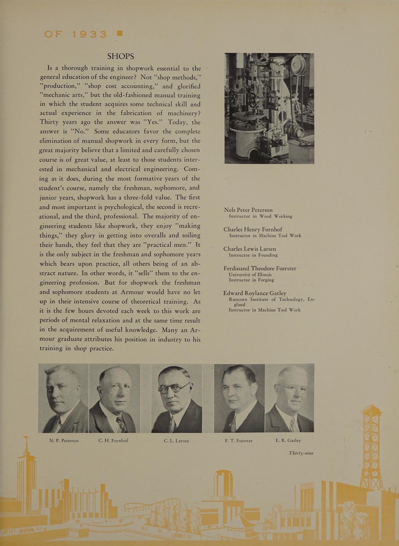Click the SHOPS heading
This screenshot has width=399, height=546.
(120, 56)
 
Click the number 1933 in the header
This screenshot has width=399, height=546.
(89, 34)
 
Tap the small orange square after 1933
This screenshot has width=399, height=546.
(119, 33)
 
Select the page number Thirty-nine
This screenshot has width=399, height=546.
(301, 453)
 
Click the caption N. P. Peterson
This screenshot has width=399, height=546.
(64, 440)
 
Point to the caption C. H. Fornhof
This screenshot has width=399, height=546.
(113, 440)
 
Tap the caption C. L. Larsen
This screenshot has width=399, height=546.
(176, 440)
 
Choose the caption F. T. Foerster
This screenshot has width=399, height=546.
(239, 440)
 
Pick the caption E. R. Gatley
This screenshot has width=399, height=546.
(288, 440)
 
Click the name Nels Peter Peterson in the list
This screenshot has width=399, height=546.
(248, 210)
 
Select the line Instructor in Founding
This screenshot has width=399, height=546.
(253, 255)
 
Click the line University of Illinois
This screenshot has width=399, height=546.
(250, 274)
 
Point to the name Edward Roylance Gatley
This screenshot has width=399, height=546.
(255, 293)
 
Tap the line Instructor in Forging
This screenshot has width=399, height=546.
(251, 280)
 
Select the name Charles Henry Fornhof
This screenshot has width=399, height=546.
(253, 229)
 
